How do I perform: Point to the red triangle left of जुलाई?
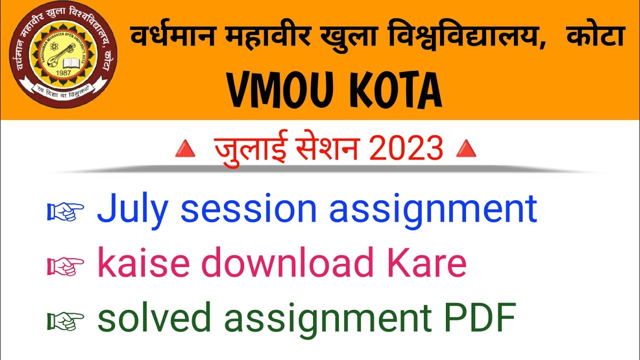point(184,150)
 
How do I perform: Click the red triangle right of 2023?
point(466,150)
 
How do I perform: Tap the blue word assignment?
point(433,210)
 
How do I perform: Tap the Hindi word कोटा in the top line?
point(595,37)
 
